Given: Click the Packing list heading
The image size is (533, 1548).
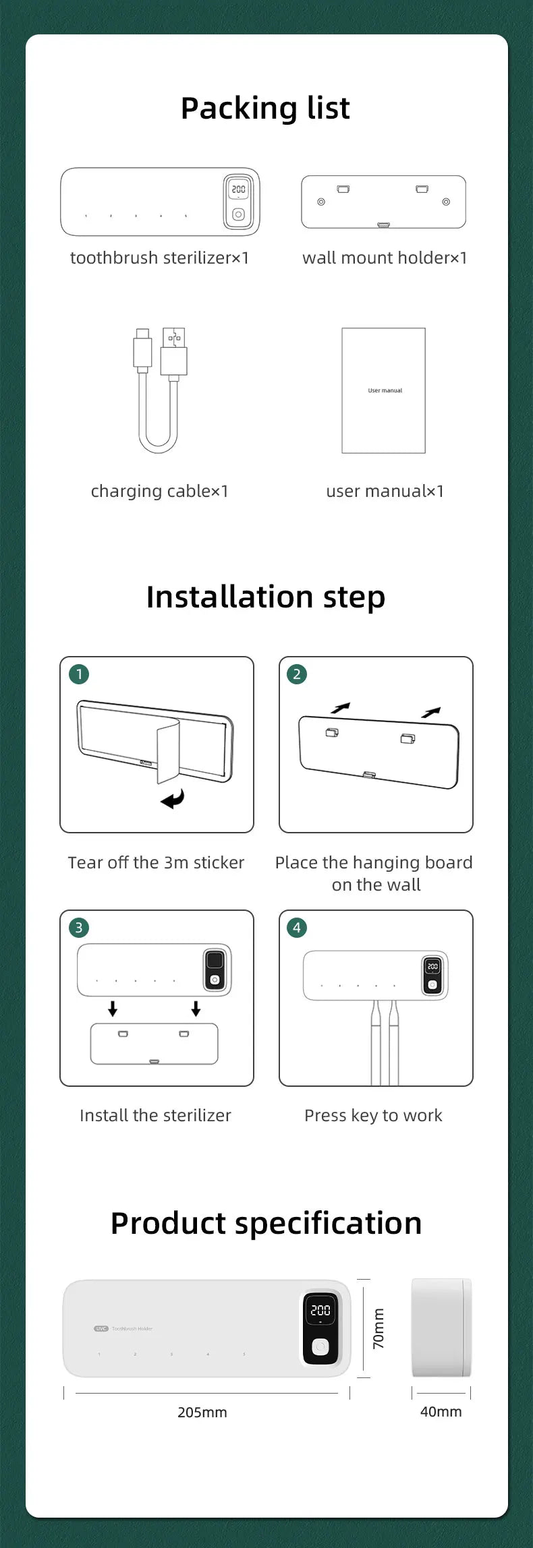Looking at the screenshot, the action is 265,109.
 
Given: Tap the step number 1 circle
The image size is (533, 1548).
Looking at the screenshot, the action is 79,674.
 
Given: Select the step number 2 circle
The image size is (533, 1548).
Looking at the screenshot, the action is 297,674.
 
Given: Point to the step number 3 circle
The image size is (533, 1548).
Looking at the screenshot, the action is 79,928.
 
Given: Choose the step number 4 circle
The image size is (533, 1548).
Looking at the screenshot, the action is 297,928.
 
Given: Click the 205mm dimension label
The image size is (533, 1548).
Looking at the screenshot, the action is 202,1412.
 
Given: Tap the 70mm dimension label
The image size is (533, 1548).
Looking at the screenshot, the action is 378,1329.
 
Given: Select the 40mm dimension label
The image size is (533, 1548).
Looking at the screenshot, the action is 441,1412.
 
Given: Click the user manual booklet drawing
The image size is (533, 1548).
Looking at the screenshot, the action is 384,390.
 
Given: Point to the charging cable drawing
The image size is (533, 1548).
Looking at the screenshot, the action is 161,390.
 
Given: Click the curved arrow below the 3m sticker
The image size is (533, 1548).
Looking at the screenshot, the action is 173,800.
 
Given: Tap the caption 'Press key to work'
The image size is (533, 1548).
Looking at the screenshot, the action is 373,1116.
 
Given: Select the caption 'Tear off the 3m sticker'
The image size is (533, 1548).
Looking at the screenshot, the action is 156,862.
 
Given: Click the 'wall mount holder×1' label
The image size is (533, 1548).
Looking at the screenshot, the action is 385,258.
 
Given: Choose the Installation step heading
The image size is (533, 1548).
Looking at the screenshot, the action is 266,598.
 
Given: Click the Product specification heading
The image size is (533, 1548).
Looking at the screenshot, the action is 266,1224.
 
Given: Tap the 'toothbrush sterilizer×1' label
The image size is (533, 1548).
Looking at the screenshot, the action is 160,258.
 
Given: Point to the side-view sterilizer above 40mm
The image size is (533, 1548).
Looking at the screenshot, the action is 441,1328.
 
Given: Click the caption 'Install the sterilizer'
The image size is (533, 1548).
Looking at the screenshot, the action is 155,1116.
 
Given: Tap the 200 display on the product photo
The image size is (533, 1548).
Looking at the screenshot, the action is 320,1310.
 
